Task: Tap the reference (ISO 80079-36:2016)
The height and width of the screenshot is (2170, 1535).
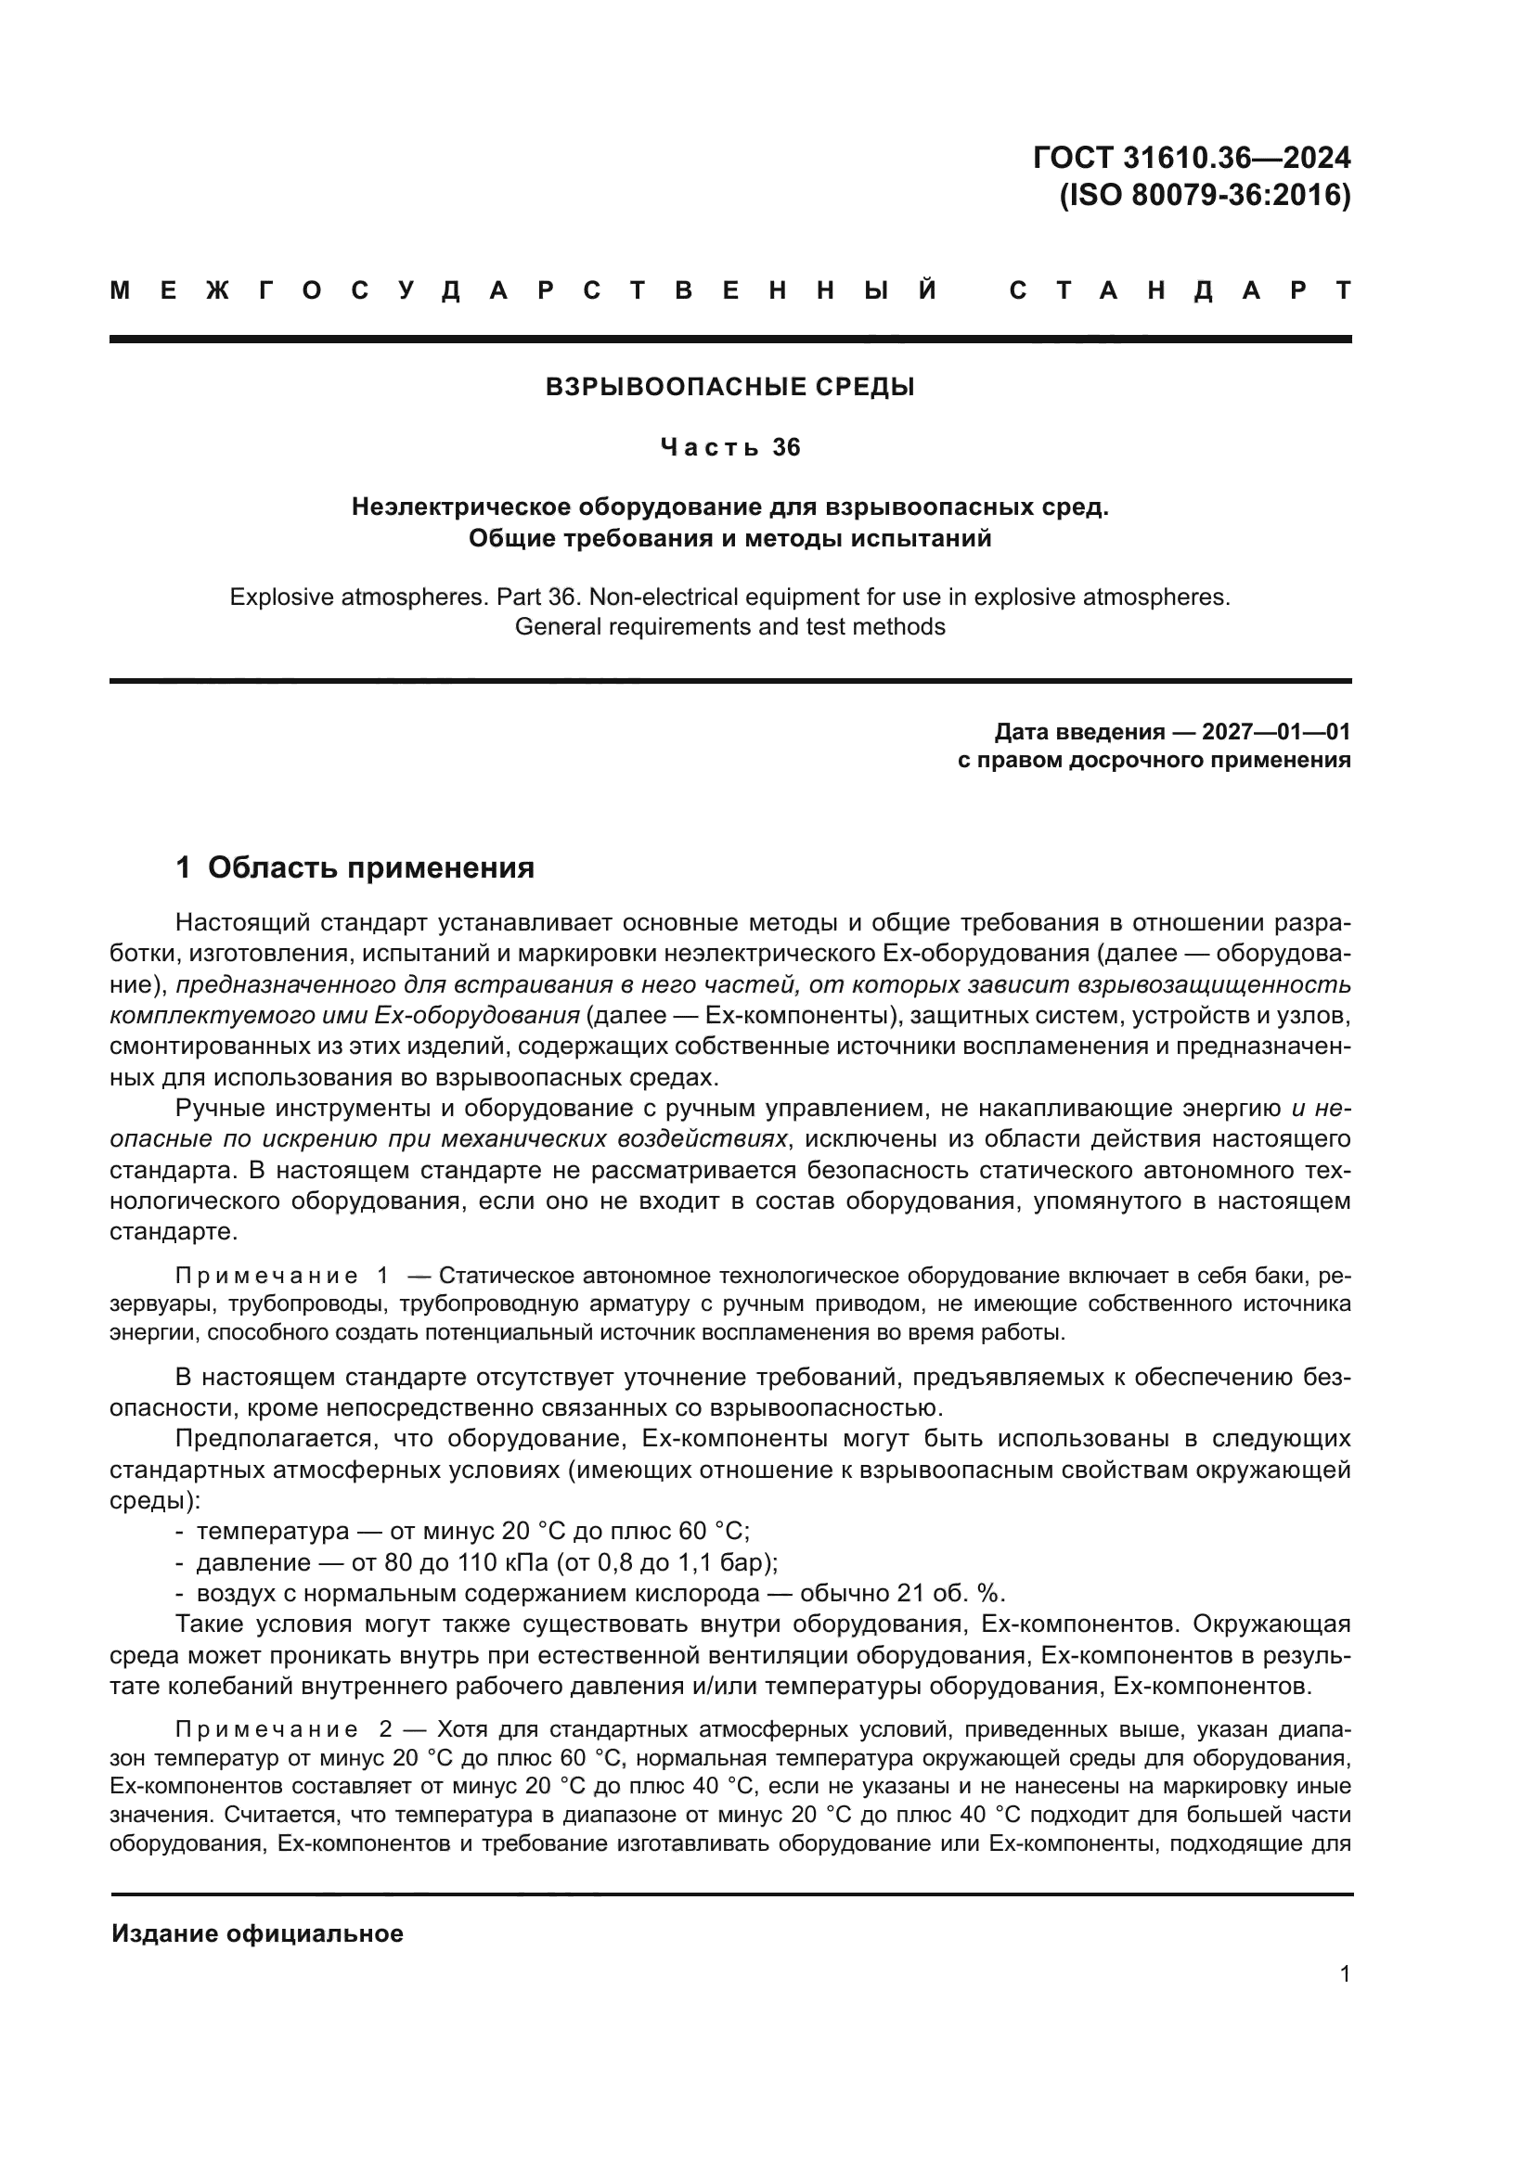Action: point(1205,195)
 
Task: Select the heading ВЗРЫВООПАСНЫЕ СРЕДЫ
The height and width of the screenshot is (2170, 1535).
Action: point(729,387)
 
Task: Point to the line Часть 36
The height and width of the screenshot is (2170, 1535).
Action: point(729,447)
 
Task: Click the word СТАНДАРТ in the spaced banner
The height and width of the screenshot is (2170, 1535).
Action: point(1180,290)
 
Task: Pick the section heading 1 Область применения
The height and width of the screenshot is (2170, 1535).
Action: point(355,867)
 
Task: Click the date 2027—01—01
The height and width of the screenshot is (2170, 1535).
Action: point(1276,731)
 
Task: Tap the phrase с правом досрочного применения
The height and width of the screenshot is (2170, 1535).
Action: point(1154,760)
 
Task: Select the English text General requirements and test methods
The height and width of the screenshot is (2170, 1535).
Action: point(729,626)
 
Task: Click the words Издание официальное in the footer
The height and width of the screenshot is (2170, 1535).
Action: point(257,1933)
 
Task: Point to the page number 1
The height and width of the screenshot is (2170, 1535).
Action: point(1345,1974)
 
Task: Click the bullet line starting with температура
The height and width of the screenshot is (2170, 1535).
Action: point(471,1531)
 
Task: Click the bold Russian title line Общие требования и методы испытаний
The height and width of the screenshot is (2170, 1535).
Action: point(729,538)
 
